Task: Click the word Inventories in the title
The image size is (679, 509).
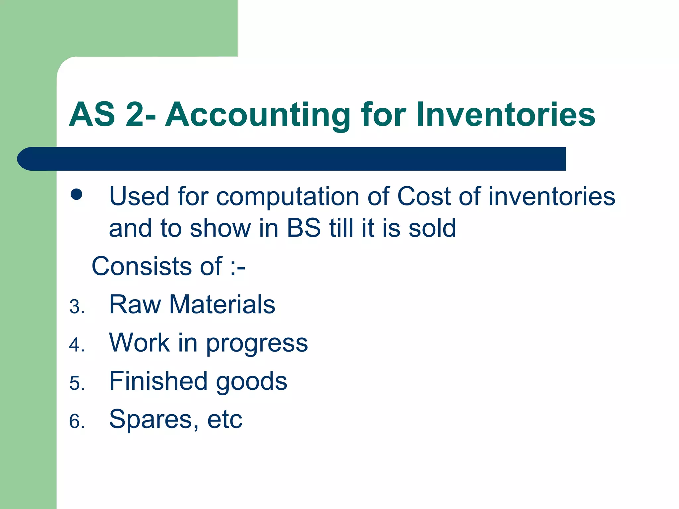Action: [x=505, y=115]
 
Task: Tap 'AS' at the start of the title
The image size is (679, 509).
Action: [x=92, y=115]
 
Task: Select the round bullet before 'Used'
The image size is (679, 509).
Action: [x=77, y=195]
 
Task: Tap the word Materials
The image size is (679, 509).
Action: [x=222, y=305]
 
